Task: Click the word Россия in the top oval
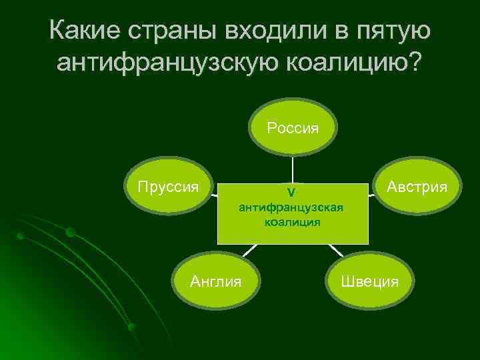point(293,127)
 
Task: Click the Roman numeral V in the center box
point(291,193)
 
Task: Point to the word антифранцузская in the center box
point(291,207)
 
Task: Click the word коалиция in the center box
point(292,222)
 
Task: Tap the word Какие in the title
point(84,31)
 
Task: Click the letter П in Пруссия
point(142,186)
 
